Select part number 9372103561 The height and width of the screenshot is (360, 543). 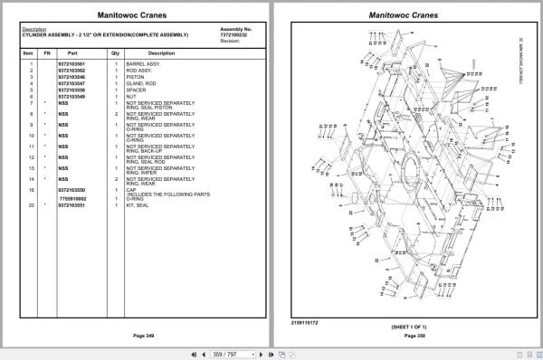point(71,64)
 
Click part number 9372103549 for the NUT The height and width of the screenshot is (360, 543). point(71,96)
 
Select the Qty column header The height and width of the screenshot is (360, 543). point(115,53)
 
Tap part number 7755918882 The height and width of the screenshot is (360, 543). point(72,197)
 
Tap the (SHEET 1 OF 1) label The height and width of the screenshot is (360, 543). point(409,327)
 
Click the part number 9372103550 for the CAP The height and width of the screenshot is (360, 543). point(71,190)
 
